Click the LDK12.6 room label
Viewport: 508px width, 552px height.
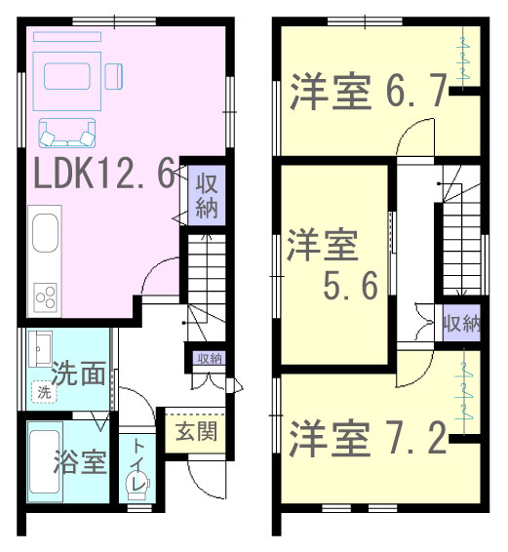coord(104,174)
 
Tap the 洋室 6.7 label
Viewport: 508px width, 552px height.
coord(369,91)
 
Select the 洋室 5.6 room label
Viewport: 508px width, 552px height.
coord(331,264)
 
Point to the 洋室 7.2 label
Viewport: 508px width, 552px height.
coord(368,438)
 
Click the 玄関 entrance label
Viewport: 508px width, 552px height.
coord(196,432)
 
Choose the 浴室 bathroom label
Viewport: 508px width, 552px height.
coord(80,461)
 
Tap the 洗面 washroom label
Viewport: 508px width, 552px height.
coord(79,374)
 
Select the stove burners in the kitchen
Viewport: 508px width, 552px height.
coord(46,297)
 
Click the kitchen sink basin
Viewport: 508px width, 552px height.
coord(45,233)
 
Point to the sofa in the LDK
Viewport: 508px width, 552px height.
coord(67,133)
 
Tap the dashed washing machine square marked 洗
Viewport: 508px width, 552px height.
coord(44,392)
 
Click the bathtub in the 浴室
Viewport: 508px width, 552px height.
coord(44,462)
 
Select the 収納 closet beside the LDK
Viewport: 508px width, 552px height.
coord(207,195)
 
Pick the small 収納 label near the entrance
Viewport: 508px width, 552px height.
coord(210,359)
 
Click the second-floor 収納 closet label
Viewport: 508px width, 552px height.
coord(461,323)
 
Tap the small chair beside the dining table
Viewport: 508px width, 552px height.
coord(114,76)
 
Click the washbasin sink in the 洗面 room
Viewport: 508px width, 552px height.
coord(40,349)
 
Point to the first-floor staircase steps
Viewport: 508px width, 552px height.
coord(207,271)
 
